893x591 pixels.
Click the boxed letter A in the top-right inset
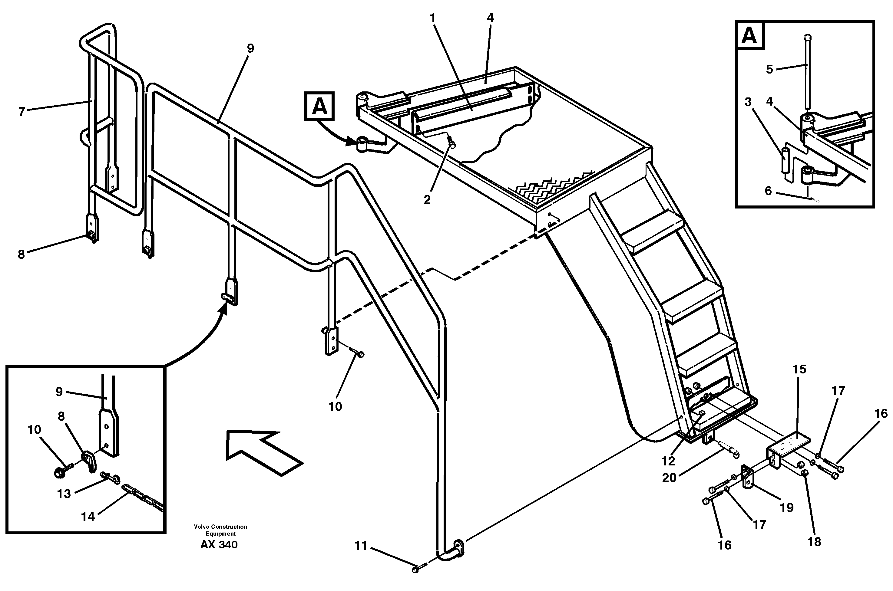click(749, 36)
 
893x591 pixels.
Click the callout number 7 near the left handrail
click(22, 112)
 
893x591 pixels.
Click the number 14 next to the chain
click(88, 517)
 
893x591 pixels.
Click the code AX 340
click(219, 545)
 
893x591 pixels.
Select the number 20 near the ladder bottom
click(670, 478)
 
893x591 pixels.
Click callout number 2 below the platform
click(427, 200)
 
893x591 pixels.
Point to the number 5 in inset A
click(770, 69)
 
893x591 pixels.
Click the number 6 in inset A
click(768, 191)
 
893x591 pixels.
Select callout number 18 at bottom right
click(814, 542)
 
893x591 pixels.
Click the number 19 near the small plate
click(787, 508)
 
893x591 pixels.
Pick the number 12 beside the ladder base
click(668, 461)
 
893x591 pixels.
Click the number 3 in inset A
click(748, 102)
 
